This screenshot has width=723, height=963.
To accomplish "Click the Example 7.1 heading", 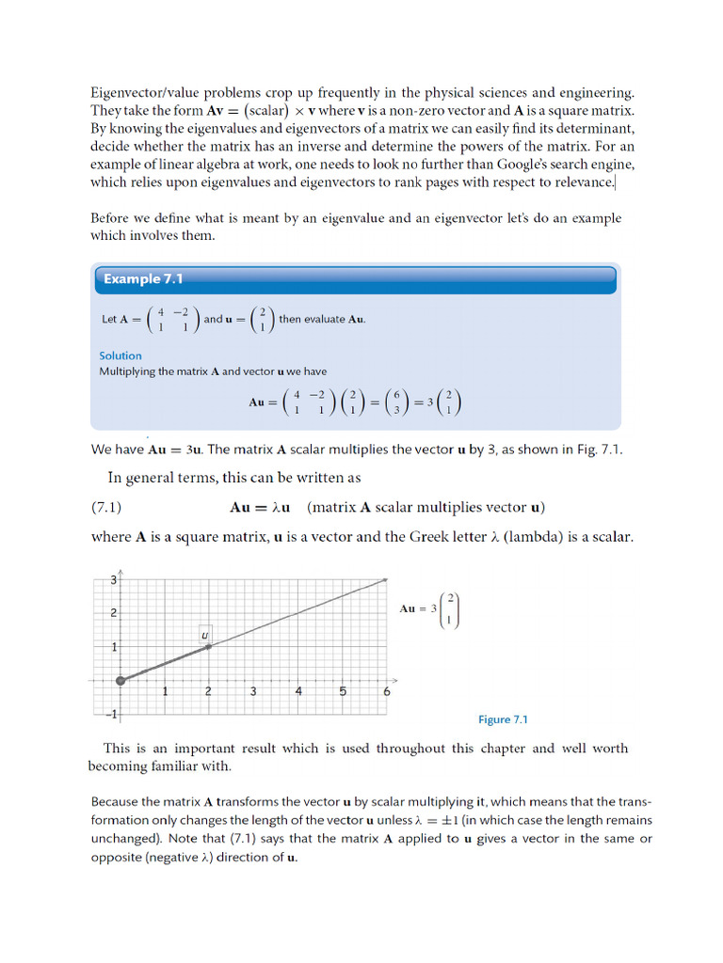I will point(142,279).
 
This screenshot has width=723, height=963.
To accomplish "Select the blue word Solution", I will point(120,355).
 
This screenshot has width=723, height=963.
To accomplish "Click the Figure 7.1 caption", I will point(503,719).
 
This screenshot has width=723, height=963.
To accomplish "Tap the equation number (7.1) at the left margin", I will point(106,508).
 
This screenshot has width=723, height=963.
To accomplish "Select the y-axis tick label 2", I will point(113,613).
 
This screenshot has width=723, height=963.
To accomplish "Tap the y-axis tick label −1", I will point(110,715).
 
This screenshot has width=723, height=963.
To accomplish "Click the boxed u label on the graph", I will point(204,635).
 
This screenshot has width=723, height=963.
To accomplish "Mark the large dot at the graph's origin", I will point(120,680).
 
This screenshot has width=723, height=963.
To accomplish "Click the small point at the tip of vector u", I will point(209,646).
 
